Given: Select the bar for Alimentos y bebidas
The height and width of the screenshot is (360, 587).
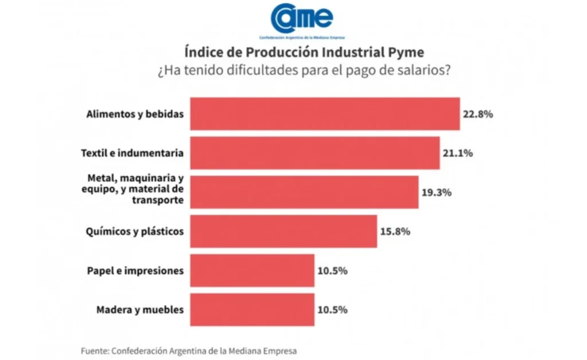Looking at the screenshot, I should (324, 114).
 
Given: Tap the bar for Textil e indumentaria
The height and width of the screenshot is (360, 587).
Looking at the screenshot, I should (314, 153).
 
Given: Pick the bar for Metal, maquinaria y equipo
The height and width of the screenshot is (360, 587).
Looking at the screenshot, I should (304, 192).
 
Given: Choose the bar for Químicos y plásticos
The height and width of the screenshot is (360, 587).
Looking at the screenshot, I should (283, 231).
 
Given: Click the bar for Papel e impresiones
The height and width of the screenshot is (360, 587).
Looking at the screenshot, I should (252, 270).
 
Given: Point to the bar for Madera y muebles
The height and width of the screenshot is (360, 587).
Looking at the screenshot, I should (252, 310).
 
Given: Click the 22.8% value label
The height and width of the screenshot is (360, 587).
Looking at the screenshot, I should (478, 114).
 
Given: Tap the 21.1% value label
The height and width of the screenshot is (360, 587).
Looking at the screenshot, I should (457, 153).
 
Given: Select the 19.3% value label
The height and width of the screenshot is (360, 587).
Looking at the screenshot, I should (437, 192).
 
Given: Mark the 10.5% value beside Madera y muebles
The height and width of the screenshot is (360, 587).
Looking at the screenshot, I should (332, 310).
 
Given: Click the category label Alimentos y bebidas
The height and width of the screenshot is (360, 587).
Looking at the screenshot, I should (135, 114).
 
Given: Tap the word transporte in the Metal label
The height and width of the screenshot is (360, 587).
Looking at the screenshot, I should (158, 200).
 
